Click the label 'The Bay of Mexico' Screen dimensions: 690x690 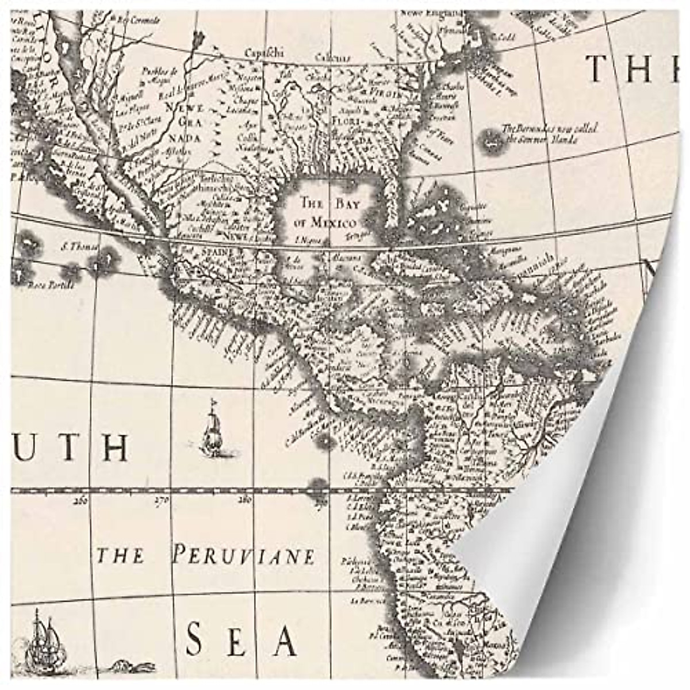tap(325, 212)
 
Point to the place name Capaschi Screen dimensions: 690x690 tap(264, 52)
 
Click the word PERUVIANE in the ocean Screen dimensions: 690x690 tap(244, 556)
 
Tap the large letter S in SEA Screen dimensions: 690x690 tap(197, 639)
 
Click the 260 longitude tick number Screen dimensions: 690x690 tap(80, 500)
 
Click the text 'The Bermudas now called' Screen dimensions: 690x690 tap(549, 128)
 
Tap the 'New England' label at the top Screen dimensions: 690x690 tap(440, 11)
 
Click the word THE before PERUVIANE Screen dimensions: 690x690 tap(120, 556)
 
